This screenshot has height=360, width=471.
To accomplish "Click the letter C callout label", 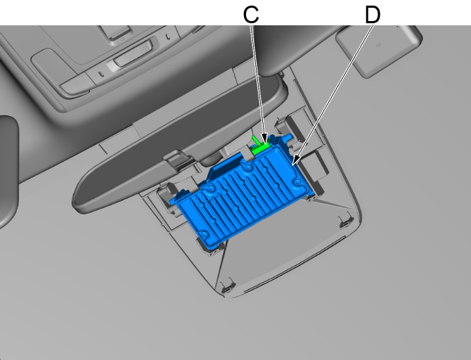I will [252, 15].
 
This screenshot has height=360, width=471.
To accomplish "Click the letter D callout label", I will [372, 15].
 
